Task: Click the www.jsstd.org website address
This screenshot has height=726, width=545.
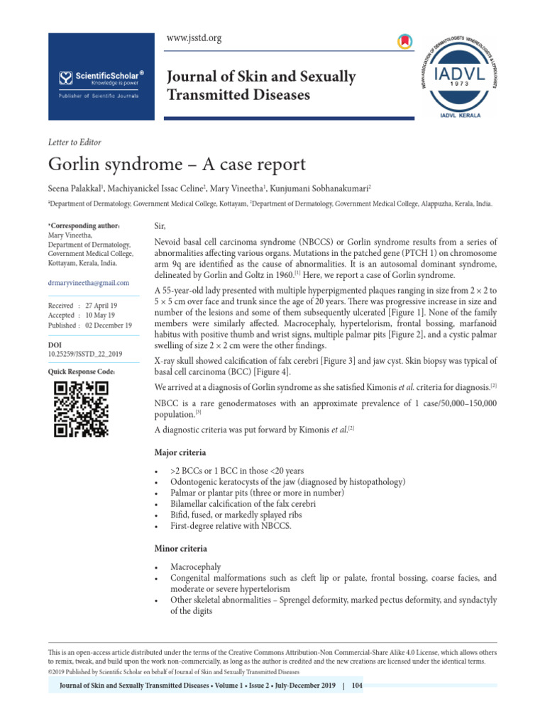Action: pos(194,38)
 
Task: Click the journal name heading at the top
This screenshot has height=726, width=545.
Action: pos(260,85)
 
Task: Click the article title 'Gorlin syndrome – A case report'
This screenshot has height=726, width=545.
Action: pos(177,164)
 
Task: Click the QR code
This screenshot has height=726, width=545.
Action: pos(81,409)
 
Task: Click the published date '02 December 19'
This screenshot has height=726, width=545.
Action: pos(109,325)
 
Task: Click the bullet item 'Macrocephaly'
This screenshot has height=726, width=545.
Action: pos(195,568)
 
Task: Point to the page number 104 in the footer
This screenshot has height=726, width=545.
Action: pos(356,686)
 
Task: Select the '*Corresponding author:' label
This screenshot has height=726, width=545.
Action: pos(83,225)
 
